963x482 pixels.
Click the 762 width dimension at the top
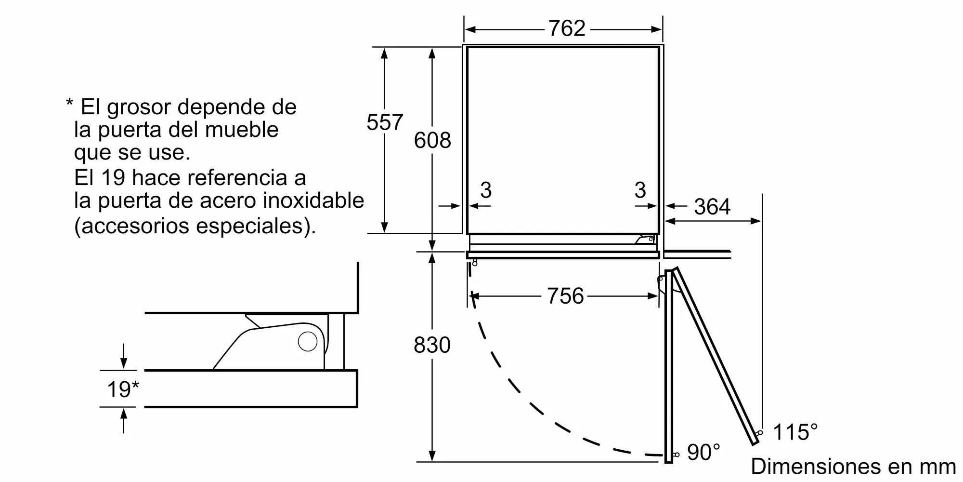(567, 28)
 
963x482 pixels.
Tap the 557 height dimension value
(385, 122)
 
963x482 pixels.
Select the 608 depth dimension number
(432, 140)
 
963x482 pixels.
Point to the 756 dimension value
(565, 296)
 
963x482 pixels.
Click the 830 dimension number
(432, 345)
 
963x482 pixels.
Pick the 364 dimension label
(712, 207)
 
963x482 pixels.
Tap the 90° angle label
(703, 452)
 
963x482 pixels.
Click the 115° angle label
(795, 432)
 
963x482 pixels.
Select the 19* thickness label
(123, 389)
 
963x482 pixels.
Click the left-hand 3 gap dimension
(486, 190)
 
